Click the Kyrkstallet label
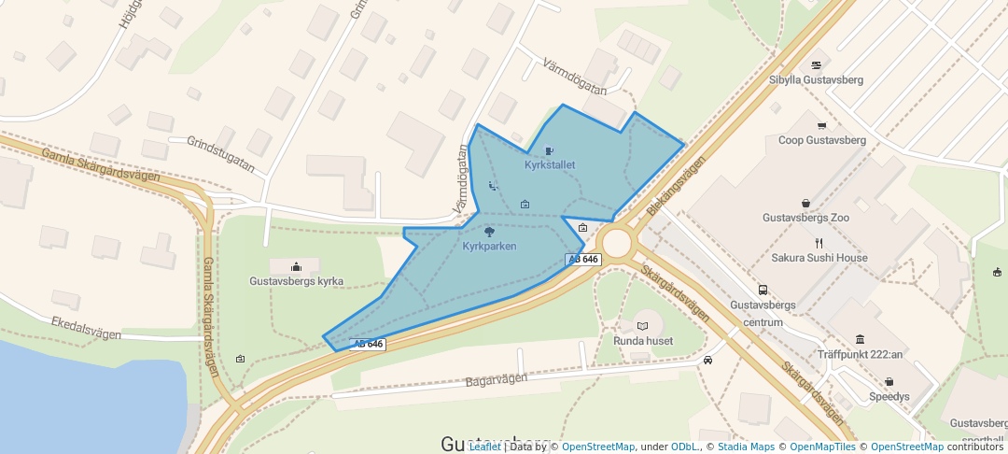tap(550, 165)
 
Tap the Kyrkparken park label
tap(489, 247)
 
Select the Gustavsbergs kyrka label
tap(297, 281)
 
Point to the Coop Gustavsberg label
tap(821, 141)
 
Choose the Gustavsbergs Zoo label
tap(805, 218)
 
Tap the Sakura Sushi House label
tap(819, 258)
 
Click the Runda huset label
tap(642, 341)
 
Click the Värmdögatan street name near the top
tap(574, 77)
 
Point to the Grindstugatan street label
tap(220, 154)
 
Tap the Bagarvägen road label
tap(497, 380)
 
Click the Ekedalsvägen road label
tap(88, 324)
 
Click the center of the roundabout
tap(617, 243)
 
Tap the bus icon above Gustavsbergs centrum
tap(763, 290)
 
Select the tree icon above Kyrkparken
tap(489, 232)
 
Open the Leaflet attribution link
tap(484, 447)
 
